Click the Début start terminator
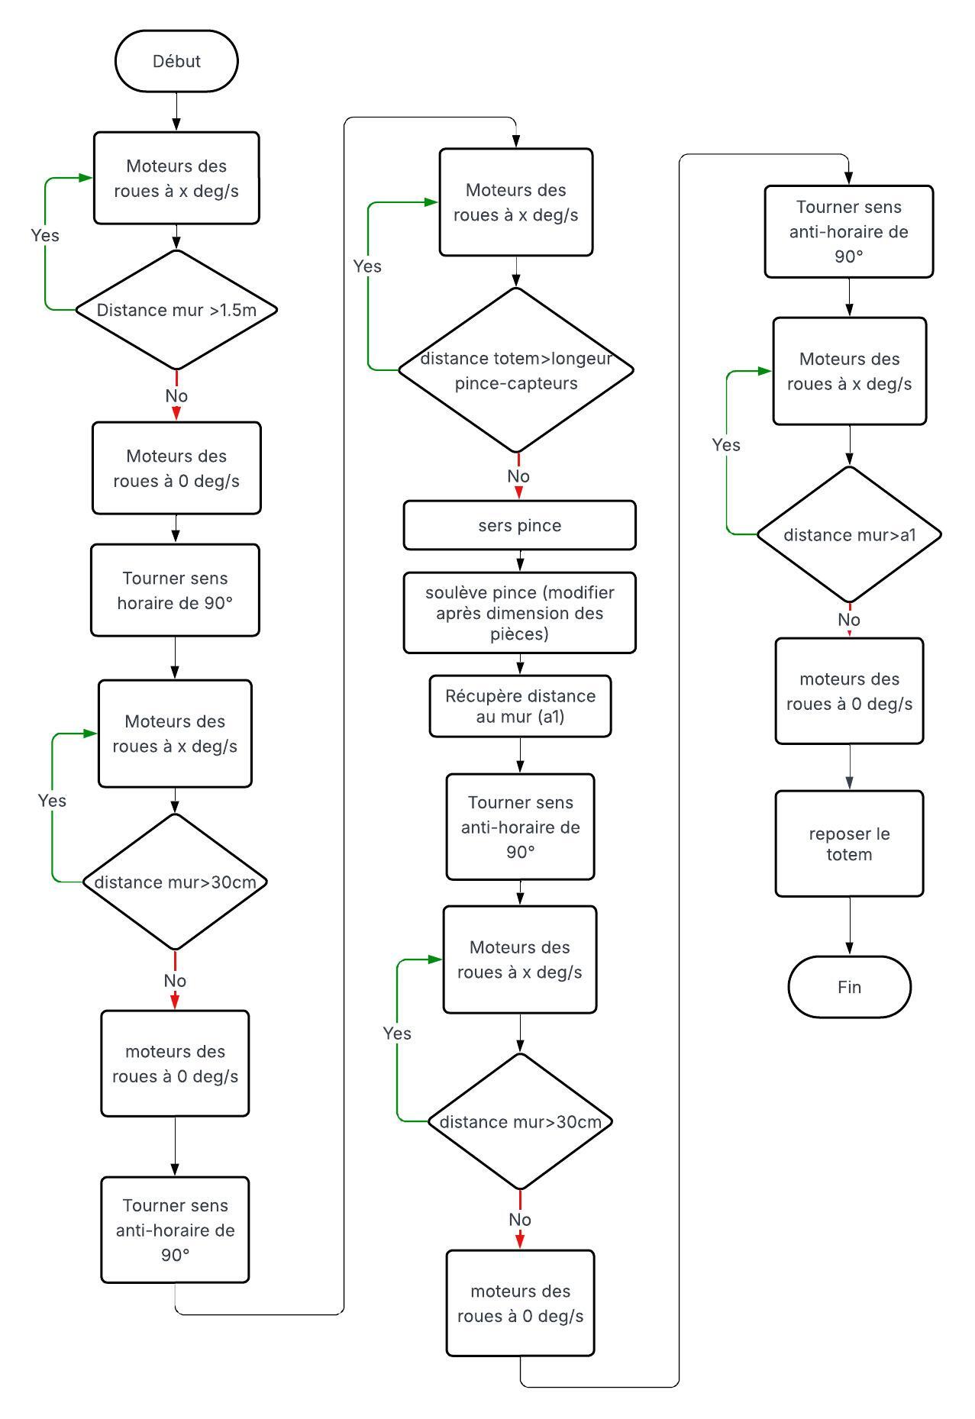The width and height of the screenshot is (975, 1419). click(x=176, y=61)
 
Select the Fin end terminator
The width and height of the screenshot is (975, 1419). click(x=849, y=986)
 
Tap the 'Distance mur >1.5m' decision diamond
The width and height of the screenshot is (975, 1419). click(x=176, y=310)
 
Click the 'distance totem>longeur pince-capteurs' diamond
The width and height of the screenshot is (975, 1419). click(x=516, y=370)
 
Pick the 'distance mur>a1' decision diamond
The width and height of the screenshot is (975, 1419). click(x=849, y=534)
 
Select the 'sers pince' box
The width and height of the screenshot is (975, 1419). click(x=519, y=525)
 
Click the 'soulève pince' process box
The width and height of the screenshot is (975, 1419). click(x=519, y=613)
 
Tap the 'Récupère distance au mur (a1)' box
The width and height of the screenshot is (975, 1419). click(x=520, y=706)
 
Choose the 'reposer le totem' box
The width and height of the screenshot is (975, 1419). click(x=849, y=843)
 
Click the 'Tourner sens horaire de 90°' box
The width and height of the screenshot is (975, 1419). click(x=175, y=590)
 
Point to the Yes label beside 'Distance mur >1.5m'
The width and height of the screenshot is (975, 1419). click(x=45, y=235)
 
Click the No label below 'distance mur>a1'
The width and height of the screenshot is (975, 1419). click(x=849, y=620)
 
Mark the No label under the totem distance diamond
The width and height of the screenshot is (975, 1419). click(x=518, y=476)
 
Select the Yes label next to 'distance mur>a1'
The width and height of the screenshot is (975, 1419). click(x=726, y=445)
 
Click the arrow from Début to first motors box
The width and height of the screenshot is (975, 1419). click(x=176, y=111)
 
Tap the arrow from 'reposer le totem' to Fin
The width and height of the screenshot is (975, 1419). click(x=849, y=926)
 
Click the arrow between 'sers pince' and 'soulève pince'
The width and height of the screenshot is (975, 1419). click(x=520, y=561)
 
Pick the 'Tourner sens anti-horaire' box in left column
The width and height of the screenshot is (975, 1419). click(x=175, y=1230)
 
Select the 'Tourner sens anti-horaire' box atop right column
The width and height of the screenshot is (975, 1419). click(x=849, y=231)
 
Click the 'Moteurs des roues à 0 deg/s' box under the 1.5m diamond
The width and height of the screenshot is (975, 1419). click(x=176, y=468)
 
